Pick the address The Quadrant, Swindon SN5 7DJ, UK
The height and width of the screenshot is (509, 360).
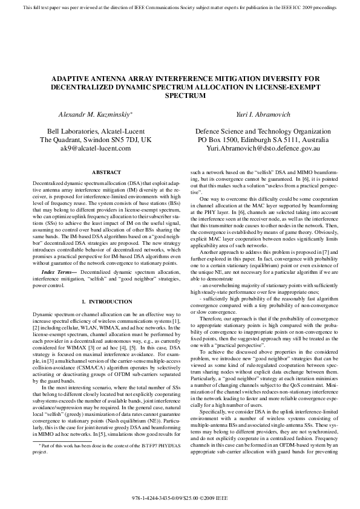tap(99, 140)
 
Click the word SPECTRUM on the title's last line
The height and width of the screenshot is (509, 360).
tap(180, 96)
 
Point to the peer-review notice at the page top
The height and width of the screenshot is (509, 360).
tap(180, 7)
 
